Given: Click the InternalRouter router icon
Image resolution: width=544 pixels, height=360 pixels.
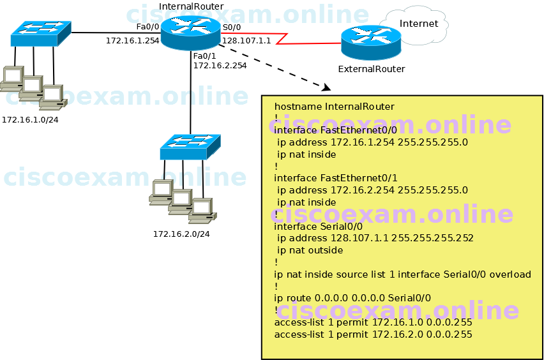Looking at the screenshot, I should [190, 32].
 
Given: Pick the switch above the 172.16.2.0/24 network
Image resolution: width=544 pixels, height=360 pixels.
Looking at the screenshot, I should [190, 146].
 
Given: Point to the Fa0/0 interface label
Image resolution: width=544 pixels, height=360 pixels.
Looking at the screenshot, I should [147, 27].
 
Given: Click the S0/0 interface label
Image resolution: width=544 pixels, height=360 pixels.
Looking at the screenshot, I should [232, 27].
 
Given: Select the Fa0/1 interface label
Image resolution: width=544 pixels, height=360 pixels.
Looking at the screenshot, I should [204, 56].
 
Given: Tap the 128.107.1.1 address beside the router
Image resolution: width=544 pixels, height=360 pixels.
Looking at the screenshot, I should [246, 40].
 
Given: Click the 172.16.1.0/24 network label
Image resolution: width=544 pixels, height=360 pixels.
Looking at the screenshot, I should [30, 119].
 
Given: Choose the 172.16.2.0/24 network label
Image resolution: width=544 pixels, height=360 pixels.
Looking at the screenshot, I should [181, 234].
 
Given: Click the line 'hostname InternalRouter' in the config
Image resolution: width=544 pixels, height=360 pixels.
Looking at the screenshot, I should [334, 107].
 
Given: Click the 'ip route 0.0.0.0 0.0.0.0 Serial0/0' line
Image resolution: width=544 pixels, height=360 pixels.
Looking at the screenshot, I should [352, 298].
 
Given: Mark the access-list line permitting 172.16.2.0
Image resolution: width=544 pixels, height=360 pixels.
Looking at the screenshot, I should [373, 334].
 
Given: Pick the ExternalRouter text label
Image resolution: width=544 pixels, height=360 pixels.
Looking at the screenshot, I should [371, 69].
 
